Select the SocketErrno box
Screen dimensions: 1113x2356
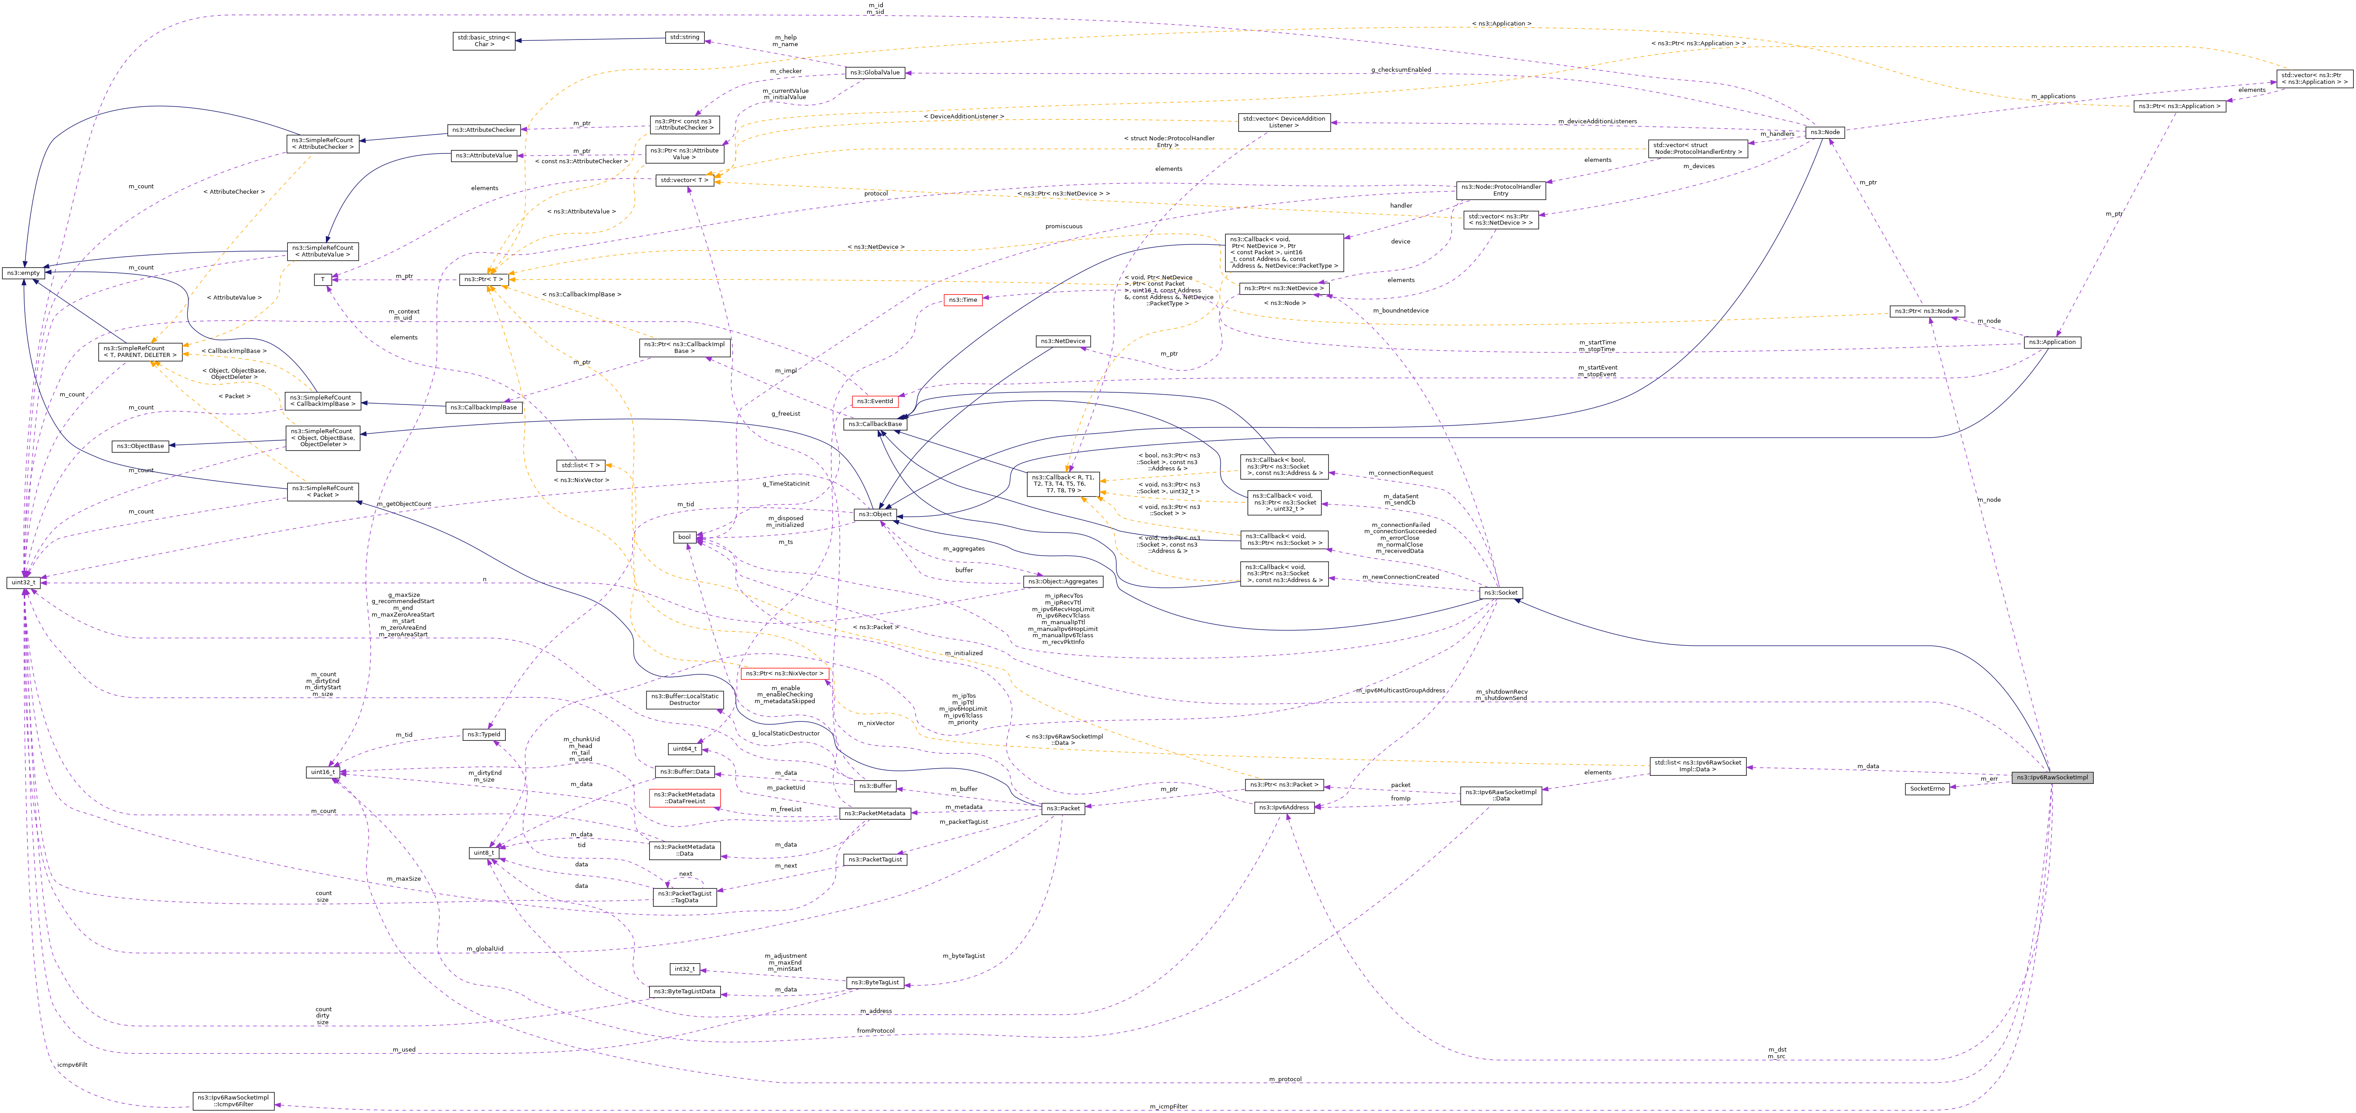click(1926, 788)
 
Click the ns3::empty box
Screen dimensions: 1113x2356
click(23, 273)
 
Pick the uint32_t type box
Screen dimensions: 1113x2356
click(23, 582)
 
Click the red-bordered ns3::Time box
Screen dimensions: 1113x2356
click(962, 300)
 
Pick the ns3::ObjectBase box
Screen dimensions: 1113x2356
click(140, 446)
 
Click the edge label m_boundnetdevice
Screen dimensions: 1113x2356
click(1400, 311)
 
